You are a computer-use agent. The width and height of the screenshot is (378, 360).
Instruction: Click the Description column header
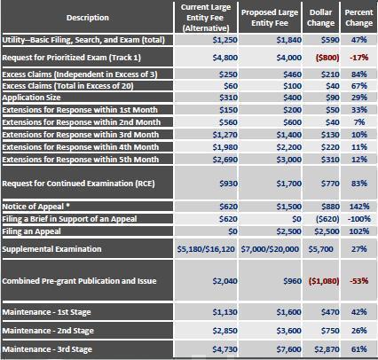[x=88, y=18]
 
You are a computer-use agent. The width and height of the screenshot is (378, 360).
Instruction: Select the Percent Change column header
[x=358, y=18]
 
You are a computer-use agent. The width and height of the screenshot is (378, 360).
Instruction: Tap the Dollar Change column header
[x=321, y=18]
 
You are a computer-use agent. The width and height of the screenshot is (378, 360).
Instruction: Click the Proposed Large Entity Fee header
[x=270, y=18]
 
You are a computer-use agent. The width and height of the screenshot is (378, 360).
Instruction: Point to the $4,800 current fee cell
[x=224, y=58]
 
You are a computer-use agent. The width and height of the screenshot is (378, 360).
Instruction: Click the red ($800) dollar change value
[x=327, y=58]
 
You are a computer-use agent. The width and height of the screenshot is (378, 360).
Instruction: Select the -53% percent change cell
[x=359, y=280]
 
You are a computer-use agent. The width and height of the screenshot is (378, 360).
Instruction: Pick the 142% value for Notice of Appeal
[x=359, y=207]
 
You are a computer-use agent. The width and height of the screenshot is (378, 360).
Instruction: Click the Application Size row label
[x=31, y=98]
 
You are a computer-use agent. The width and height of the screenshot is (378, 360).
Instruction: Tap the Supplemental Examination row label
[x=51, y=249]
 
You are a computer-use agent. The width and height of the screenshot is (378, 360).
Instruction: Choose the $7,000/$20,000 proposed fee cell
[x=270, y=249]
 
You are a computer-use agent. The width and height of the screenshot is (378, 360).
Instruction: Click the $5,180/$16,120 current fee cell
[x=206, y=249]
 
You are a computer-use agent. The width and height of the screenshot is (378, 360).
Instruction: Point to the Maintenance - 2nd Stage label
[x=48, y=331]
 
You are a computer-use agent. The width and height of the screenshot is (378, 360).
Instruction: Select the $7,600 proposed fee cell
[x=289, y=349]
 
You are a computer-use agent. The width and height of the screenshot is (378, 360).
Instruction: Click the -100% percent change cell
[x=359, y=219]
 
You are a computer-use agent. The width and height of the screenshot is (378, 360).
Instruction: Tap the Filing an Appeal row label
[x=31, y=231]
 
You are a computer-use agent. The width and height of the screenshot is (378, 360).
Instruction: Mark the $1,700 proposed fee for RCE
[x=289, y=184]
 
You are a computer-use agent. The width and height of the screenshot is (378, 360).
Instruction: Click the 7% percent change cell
[x=359, y=122]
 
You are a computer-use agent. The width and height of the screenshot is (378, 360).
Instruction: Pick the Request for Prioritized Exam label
[x=72, y=58]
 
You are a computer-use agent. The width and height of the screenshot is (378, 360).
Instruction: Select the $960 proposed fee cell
[x=292, y=280]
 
